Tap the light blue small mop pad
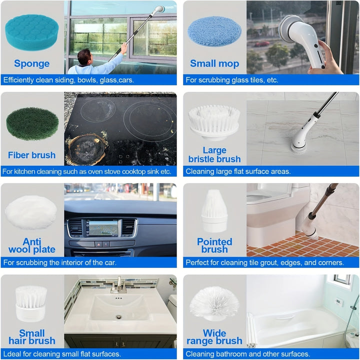click(214, 31)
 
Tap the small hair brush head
click(31, 303)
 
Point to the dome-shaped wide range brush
click(213, 302)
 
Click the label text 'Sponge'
click(32, 63)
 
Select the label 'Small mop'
click(214, 63)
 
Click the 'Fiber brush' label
click(32, 155)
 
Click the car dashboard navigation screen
click(103, 228)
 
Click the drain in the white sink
click(119, 316)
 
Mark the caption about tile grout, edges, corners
click(264, 262)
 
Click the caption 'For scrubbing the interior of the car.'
click(59, 262)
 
